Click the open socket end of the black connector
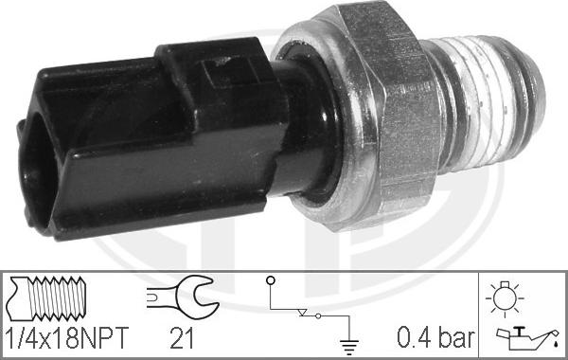pos(34,174)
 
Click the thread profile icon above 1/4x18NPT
pos(46,298)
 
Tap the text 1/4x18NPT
pos(67,338)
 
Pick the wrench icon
pos(183,297)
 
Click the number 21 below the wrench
pos(182,338)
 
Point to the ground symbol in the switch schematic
pos(349,347)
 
